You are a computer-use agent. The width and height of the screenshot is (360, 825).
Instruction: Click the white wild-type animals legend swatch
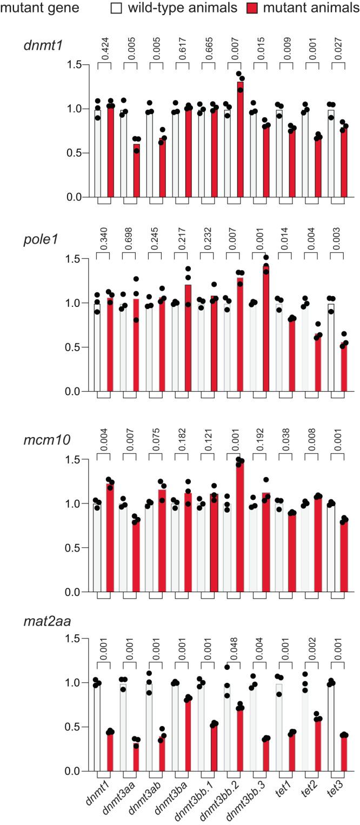tap(116, 8)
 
